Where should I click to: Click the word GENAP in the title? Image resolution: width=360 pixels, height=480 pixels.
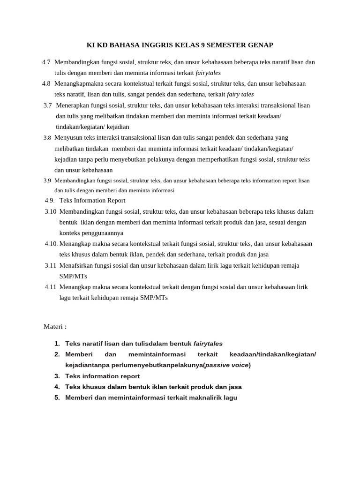259,45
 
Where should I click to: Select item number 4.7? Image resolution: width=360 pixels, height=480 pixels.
46,62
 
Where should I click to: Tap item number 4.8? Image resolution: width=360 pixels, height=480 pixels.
46,83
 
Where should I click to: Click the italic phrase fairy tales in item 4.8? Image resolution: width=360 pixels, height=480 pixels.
240,94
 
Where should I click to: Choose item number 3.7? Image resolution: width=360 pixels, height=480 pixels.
47,105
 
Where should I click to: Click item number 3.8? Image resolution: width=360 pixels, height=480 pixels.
47,138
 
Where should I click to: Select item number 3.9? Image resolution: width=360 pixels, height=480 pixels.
47,180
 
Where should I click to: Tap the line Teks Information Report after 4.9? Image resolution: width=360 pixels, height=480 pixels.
92,201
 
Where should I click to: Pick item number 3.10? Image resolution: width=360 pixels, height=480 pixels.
51,211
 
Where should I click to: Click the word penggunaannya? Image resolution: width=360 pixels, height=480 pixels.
91,233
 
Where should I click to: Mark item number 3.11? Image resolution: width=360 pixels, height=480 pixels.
51,265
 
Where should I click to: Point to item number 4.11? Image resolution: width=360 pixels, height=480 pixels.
51,287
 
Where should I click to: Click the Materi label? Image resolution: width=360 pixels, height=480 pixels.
55,326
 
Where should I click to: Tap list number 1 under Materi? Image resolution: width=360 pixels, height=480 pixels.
57,344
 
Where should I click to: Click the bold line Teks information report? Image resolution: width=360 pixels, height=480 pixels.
102,376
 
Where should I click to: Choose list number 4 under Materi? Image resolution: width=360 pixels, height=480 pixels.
57,387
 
